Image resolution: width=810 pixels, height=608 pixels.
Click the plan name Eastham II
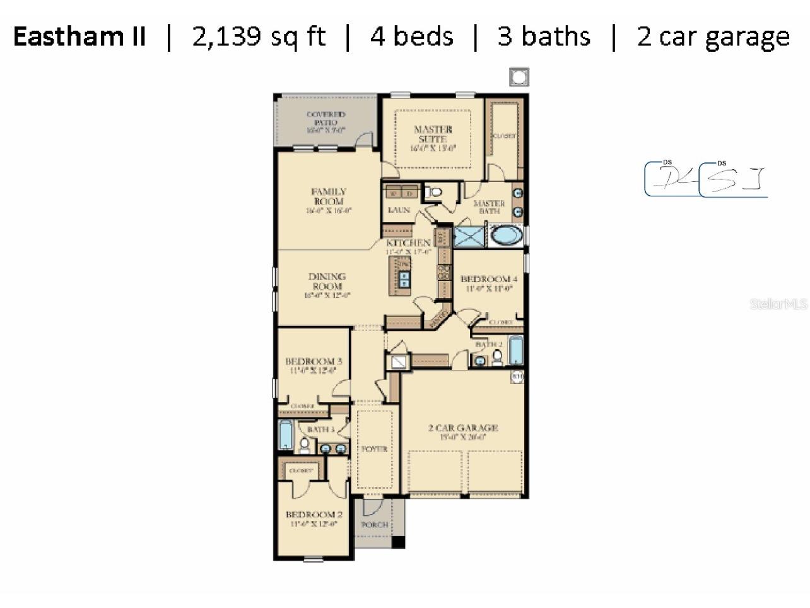[79, 37]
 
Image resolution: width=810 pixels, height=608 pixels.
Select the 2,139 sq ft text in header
[259, 37]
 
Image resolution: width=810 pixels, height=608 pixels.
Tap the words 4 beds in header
[411, 37]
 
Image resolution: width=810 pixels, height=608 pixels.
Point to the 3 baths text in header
[544, 37]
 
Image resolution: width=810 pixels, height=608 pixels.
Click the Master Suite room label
[433, 134]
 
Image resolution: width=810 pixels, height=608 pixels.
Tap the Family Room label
[329, 196]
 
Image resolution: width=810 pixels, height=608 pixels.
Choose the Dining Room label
[327, 282]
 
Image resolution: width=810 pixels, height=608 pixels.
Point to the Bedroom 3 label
[314, 362]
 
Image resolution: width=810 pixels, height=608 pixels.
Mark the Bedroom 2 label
[314, 515]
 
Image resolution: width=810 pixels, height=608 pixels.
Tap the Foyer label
[374, 449]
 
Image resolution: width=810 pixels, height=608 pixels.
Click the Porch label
[374, 525]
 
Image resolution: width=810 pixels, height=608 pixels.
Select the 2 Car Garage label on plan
[463, 428]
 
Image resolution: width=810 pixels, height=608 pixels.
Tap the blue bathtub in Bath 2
[515, 350]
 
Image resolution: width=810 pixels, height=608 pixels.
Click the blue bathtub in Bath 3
[286, 434]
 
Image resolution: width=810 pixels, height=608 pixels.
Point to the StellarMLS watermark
[778, 304]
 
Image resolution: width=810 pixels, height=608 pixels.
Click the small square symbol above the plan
[519, 77]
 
